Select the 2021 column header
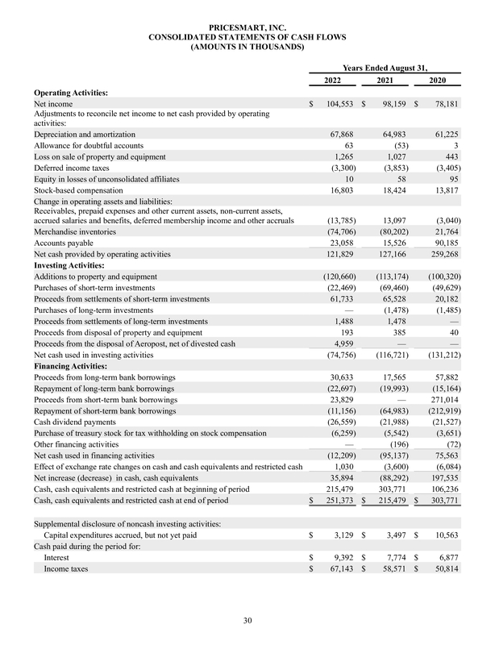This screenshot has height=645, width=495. pos(384,81)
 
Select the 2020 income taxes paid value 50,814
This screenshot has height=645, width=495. pos(443,569)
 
